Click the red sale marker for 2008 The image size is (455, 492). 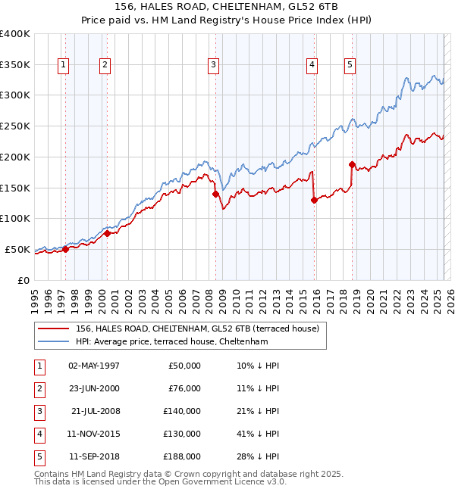(215, 194)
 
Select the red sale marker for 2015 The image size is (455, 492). (314, 200)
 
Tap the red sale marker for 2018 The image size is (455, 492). (352, 164)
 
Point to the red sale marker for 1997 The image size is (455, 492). (65, 248)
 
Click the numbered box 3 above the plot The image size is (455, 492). (214, 66)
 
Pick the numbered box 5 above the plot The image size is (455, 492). (350, 66)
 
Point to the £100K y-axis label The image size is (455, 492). (15, 219)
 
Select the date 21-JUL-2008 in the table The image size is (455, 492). (95, 411)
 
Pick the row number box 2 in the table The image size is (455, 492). (39, 388)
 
